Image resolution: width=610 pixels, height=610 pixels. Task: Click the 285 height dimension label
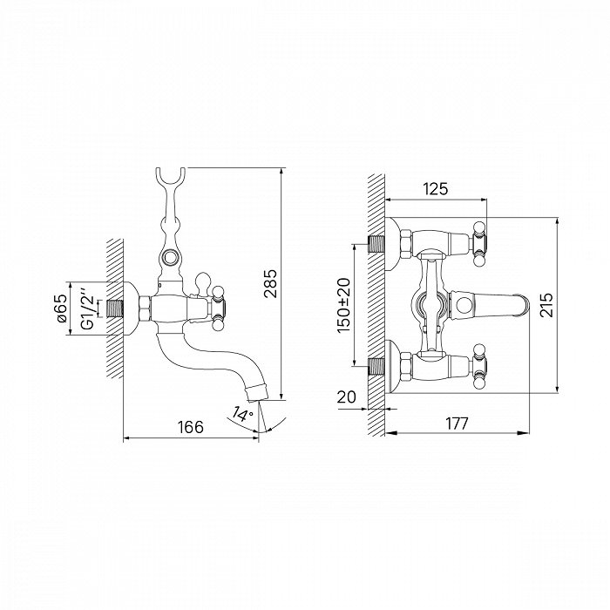[270, 283]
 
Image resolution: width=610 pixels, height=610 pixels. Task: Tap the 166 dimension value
[191, 427]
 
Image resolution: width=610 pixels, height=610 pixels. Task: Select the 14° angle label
[242, 414]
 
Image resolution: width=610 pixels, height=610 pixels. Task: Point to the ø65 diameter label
[62, 308]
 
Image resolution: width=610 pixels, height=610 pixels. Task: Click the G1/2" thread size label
[88, 308]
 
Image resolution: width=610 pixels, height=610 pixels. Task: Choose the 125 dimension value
[436, 189]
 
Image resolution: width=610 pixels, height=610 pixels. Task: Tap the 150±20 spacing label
[344, 305]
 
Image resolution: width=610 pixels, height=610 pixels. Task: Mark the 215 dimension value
[546, 305]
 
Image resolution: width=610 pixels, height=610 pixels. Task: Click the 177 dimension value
[457, 424]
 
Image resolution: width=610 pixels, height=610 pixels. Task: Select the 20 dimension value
[346, 397]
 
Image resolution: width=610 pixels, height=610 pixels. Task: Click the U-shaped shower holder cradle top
[171, 178]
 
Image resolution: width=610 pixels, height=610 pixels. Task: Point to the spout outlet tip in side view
[258, 392]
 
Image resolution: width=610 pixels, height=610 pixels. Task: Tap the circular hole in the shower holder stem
[170, 257]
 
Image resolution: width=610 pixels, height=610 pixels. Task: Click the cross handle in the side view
[217, 308]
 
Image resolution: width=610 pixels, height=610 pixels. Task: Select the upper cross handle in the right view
[478, 243]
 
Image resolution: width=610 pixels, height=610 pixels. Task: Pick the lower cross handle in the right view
[478, 366]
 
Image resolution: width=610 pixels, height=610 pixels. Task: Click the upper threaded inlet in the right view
[376, 244]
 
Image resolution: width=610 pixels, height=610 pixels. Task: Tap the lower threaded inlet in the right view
[376, 366]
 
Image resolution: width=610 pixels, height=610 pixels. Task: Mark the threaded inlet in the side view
[114, 308]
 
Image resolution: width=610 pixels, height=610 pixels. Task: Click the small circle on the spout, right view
[464, 305]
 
